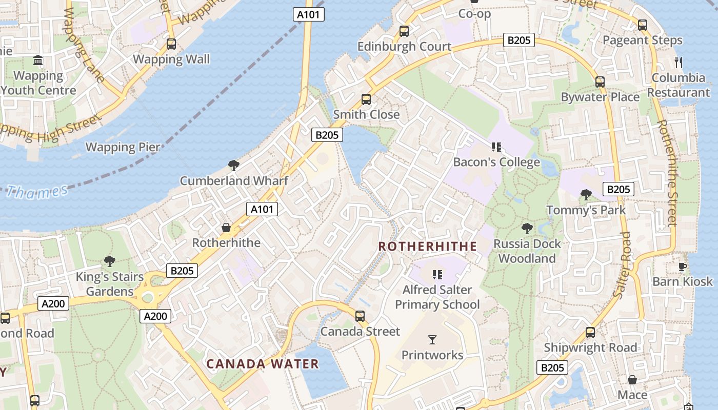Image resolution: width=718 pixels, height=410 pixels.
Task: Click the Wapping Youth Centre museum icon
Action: [x=38, y=61]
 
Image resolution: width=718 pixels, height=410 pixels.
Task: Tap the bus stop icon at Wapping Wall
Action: [x=171, y=44]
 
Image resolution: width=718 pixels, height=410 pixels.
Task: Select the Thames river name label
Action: [x=37, y=192]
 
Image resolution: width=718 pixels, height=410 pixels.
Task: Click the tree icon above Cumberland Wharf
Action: [x=234, y=165]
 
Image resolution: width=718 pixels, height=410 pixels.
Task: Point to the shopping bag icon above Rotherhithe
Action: [x=226, y=227]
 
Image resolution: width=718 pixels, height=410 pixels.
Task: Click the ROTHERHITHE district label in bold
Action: [x=428, y=247]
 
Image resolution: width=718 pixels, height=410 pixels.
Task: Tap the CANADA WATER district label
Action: [x=263, y=364]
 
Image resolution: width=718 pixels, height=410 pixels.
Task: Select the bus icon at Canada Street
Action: [x=360, y=316]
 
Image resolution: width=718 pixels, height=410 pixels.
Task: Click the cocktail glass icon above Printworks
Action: [x=432, y=339]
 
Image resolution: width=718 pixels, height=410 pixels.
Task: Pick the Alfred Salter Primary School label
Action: [x=437, y=297]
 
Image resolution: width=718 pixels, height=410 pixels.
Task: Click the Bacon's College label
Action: [x=496, y=162]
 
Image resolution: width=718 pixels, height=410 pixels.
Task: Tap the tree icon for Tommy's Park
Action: [x=586, y=195]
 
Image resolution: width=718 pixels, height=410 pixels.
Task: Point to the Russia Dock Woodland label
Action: [x=527, y=251]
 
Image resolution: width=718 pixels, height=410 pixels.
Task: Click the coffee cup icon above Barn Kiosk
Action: [x=682, y=266]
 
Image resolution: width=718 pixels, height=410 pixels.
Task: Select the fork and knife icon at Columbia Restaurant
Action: [x=679, y=63]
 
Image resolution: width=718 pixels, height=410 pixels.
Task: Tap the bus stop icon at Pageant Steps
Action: [x=643, y=25]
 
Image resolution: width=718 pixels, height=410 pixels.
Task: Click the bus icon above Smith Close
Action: [x=366, y=99]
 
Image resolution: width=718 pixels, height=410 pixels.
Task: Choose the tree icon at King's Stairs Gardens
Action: [x=109, y=261]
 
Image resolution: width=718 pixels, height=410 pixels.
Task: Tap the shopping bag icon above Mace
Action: [x=632, y=380]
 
